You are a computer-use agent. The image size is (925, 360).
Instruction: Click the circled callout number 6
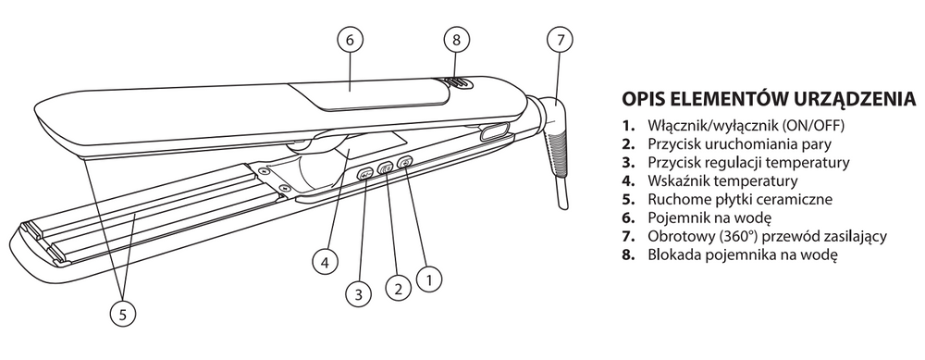coord(350,40)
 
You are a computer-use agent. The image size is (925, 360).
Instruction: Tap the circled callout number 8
coord(456,40)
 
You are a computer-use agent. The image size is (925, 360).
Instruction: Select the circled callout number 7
coord(560,40)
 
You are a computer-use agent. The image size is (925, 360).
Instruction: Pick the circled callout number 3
coord(359,293)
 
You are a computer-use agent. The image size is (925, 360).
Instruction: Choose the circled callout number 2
coord(398,289)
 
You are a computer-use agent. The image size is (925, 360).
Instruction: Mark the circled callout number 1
coord(429,279)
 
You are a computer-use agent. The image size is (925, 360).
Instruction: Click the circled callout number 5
coord(123,315)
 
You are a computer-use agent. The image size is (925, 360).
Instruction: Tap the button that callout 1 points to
coord(406,162)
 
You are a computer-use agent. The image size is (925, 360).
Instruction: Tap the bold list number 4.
coord(628,181)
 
